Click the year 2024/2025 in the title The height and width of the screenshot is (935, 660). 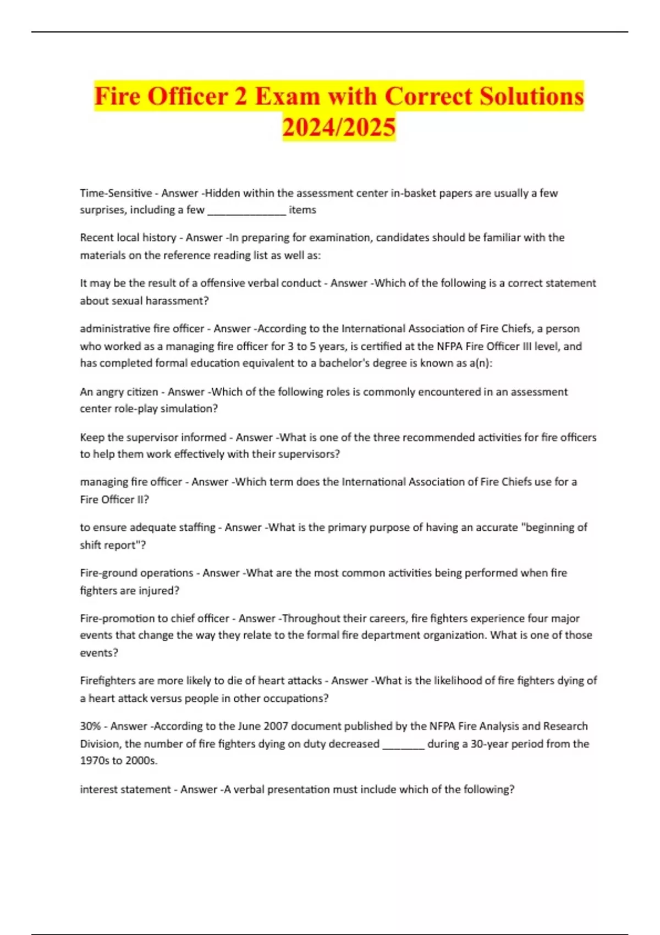coord(339,127)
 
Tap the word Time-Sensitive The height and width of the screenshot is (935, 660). coord(116,193)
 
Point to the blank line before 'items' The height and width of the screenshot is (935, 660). coord(246,211)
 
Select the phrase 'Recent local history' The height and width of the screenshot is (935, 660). coord(128,238)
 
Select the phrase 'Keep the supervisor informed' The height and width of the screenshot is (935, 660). coord(153,437)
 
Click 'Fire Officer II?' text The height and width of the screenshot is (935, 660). coord(114,499)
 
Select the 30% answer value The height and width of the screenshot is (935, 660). coord(90,726)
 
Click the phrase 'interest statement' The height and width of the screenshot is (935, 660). coord(125,789)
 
